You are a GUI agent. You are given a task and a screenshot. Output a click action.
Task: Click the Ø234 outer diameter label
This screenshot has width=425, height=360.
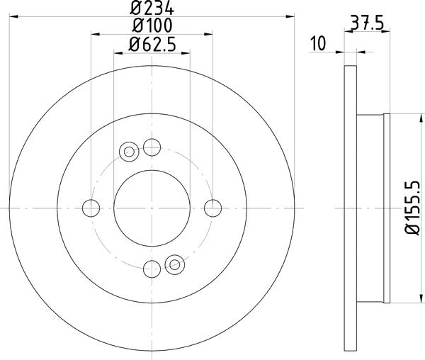152,9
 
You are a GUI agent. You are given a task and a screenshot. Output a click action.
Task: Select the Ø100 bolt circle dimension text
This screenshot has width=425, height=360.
152,26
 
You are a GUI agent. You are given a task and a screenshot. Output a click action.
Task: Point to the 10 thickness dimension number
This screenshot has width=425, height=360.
317,44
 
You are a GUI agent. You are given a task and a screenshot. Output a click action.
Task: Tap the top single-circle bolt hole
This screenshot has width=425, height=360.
152,147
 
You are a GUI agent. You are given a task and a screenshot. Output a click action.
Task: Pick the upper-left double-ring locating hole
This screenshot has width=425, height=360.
130,151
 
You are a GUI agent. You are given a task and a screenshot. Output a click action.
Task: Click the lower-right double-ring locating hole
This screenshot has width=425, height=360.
174,264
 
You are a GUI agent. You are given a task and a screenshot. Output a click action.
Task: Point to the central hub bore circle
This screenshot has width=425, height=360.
152,208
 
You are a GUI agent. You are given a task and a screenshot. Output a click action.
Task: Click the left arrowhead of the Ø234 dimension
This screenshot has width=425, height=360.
14,15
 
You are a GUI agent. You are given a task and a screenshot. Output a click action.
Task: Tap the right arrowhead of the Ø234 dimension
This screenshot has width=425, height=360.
289,15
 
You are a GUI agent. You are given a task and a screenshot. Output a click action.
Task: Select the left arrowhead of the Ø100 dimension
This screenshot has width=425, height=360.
94,33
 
